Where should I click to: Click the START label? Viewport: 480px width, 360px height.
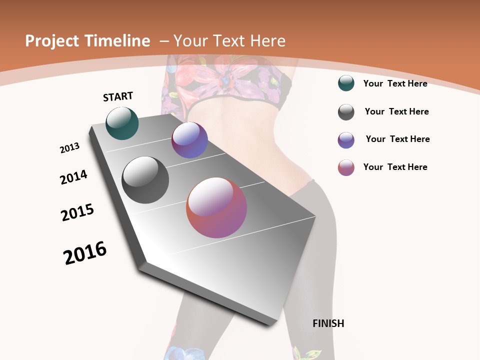tap(118, 96)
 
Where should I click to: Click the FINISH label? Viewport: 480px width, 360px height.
tap(328, 323)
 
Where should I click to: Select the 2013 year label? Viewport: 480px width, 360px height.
tap(70, 148)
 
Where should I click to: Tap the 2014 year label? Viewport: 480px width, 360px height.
tap(73, 177)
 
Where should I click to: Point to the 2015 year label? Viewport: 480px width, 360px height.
tap(77, 212)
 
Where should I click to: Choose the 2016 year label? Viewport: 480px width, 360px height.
tap(85, 253)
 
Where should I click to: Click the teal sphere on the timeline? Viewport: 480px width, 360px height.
tap(122, 123)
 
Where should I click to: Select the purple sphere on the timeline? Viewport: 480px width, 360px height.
tap(189, 140)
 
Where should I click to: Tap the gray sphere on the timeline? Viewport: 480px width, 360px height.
tap(145, 180)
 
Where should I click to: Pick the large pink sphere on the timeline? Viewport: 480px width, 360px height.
tap(216, 207)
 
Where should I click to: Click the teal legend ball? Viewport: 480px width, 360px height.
tap(346, 83)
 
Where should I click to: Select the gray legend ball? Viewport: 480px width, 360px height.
tap(346, 112)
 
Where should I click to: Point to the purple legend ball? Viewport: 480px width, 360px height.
tap(346, 140)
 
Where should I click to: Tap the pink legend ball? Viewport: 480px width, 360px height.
tap(346, 167)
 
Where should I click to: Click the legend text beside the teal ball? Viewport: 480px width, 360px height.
tap(395, 83)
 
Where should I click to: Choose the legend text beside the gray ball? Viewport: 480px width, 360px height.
tap(397, 111)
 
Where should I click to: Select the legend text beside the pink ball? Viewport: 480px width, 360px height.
tap(395, 167)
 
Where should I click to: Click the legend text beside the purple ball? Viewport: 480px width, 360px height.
tap(398, 139)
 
